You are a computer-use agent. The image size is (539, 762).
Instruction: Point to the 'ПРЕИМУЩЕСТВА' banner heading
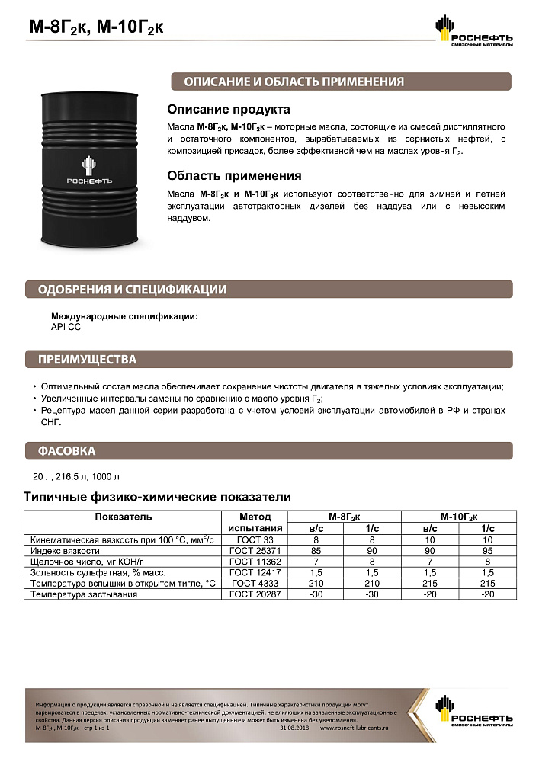(88, 360)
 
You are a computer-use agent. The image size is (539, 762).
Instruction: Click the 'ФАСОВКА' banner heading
(67, 451)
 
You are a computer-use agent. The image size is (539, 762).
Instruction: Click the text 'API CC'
(66, 327)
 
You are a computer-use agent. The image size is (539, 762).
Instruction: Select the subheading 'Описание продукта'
(229, 110)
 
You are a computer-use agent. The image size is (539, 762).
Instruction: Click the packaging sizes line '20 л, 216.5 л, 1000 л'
(76, 478)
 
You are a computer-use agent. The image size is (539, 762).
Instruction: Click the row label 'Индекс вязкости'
(66, 550)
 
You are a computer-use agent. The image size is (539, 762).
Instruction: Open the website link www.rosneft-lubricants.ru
(353, 728)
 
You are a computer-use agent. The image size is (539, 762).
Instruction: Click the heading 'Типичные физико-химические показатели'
(158, 497)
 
